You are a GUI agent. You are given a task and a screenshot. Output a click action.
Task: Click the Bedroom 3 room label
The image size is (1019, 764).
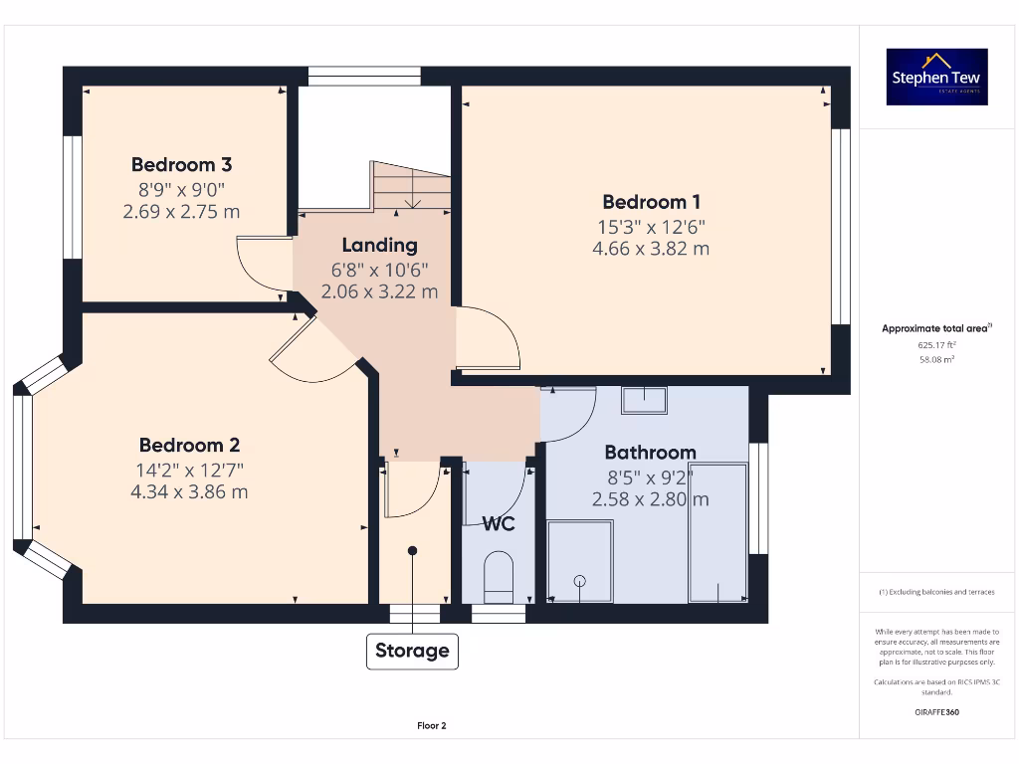(181, 165)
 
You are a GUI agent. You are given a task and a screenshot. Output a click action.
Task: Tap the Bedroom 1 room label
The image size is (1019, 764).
(651, 202)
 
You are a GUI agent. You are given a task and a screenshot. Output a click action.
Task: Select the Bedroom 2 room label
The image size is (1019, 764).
(189, 445)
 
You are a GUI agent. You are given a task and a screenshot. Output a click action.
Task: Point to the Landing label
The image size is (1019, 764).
(379, 245)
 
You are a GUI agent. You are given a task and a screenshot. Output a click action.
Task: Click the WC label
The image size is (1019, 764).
(499, 523)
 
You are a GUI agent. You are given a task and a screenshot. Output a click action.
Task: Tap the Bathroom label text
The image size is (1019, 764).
(650, 453)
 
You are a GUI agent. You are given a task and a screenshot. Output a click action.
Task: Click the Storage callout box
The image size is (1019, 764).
(412, 651)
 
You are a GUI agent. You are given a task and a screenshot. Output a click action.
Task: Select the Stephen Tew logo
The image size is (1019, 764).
(936, 77)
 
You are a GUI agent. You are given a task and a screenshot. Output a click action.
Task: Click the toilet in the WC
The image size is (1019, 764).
(499, 577)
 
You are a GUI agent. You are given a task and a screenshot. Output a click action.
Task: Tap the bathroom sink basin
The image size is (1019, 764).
(644, 400)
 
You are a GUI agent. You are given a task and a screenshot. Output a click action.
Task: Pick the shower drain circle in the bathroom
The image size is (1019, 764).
(580, 581)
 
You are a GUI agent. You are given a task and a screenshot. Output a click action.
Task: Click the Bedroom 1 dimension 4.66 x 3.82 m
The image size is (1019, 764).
(651, 249)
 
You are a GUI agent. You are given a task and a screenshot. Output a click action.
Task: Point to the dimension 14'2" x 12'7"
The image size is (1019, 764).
(189, 470)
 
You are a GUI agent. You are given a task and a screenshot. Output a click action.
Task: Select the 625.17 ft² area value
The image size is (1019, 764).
(936, 345)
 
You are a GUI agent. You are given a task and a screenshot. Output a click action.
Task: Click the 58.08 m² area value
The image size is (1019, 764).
(936, 359)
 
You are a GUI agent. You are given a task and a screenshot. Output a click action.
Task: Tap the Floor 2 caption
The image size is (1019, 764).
(432, 725)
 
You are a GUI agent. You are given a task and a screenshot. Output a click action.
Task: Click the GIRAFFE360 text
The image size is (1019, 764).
(936, 712)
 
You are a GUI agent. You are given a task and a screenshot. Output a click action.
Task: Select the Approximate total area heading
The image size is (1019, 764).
(936, 328)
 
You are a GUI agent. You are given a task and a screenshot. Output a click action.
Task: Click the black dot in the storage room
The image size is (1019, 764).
(412, 551)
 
